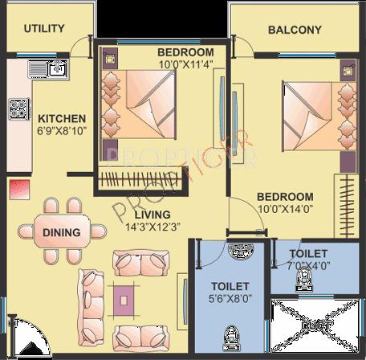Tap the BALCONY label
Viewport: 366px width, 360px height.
point(295,31)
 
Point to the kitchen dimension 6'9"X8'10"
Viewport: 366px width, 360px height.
point(57,131)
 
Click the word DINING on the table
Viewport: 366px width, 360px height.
point(62,233)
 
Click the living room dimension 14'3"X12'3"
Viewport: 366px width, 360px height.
point(152,227)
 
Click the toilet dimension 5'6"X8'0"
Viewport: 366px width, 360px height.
point(230,298)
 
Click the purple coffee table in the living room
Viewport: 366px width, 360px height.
point(124,300)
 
